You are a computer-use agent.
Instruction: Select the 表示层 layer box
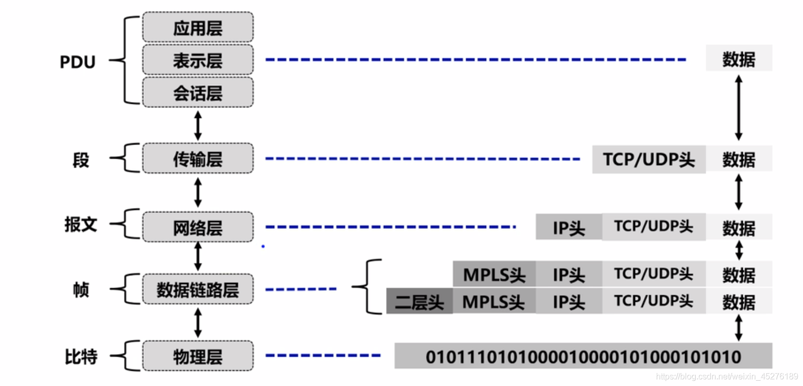pyautogui.click(x=198, y=60)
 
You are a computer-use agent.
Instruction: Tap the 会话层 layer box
pyautogui.click(x=198, y=93)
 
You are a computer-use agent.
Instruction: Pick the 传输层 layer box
pyautogui.click(x=198, y=159)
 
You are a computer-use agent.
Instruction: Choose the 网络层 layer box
pyautogui.click(x=198, y=227)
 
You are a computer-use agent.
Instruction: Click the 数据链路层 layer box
pyautogui.click(x=198, y=289)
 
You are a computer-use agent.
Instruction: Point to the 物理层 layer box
pyautogui.click(x=198, y=356)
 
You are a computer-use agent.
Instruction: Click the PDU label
pyautogui.click(x=77, y=62)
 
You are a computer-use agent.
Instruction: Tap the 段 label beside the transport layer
pyautogui.click(x=81, y=160)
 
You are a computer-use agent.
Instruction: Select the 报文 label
pyautogui.click(x=81, y=225)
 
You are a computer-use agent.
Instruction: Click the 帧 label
pyautogui.click(x=81, y=289)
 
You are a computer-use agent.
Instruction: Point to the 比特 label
pyautogui.click(x=81, y=357)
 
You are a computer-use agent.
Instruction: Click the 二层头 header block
pyautogui.click(x=419, y=302)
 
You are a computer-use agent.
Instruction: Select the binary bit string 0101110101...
pyautogui.click(x=583, y=357)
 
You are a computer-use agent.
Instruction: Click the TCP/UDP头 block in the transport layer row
pyautogui.click(x=649, y=159)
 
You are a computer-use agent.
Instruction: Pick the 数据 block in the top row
pyautogui.click(x=739, y=59)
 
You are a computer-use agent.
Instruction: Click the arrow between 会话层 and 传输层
pyautogui.click(x=198, y=126)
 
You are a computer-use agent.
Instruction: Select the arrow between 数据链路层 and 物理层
pyautogui.click(x=198, y=323)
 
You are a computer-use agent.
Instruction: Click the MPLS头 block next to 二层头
pyautogui.click(x=494, y=302)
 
